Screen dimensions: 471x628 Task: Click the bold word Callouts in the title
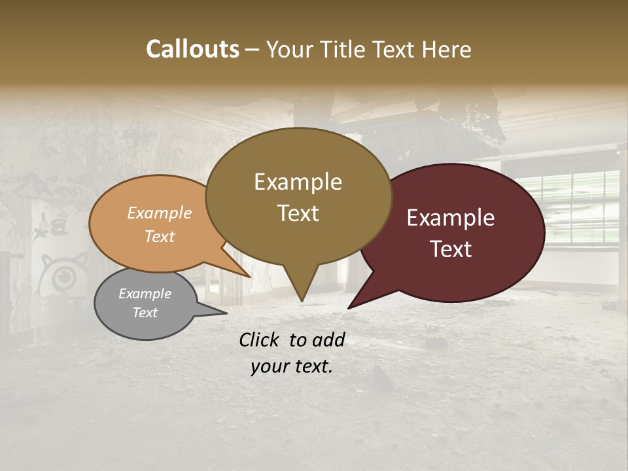[x=192, y=49]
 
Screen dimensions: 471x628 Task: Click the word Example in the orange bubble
[x=160, y=213]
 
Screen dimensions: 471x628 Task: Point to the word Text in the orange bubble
[x=160, y=236]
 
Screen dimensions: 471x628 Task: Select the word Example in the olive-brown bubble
[x=298, y=182]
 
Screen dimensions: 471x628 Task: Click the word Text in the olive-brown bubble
[x=298, y=213]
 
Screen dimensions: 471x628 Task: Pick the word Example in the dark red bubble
[x=451, y=218]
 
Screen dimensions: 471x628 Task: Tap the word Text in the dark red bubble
[x=451, y=249]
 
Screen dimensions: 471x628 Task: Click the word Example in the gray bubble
[x=145, y=294]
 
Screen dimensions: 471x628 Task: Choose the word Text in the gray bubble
[x=145, y=313]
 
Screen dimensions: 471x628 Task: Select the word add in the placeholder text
[x=329, y=340]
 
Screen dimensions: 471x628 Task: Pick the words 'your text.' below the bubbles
[x=292, y=367]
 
